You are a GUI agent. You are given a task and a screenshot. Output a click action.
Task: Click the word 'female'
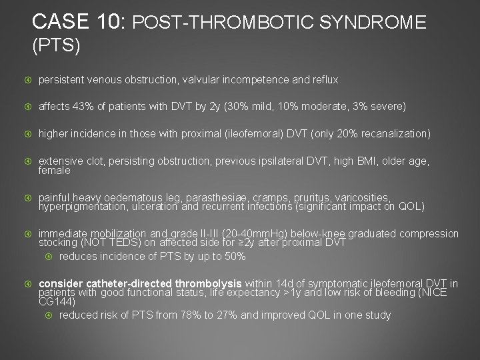tap(54, 171)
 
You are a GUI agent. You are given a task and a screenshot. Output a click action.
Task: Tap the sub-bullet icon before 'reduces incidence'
tap(49, 257)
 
